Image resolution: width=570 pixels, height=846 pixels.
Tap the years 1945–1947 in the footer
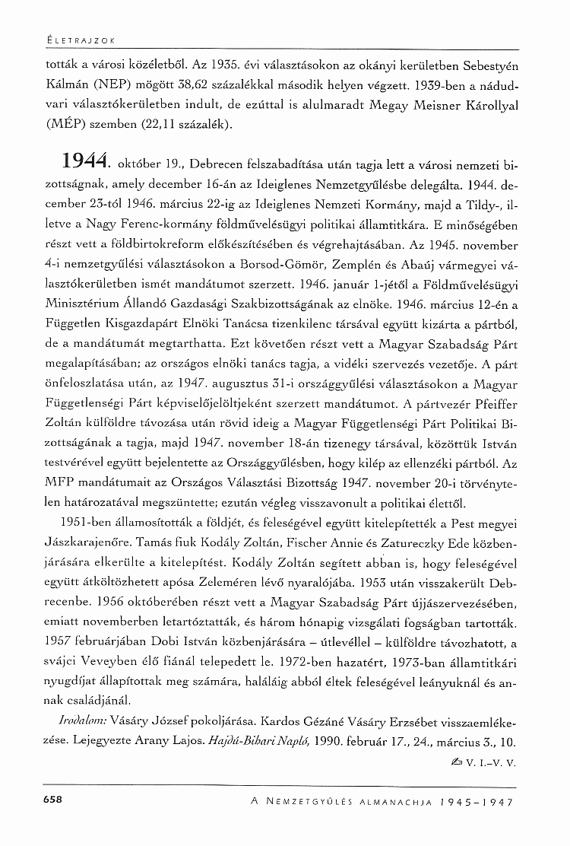coord(471,802)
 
